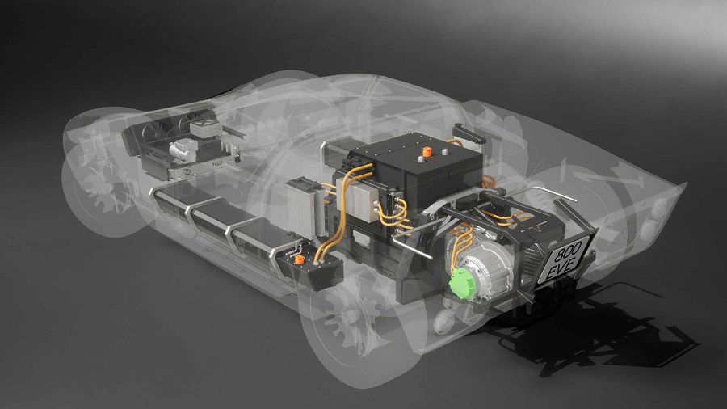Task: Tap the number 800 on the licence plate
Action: tap(569, 250)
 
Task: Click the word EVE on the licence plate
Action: tap(563, 267)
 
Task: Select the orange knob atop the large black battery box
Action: tap(427, 152)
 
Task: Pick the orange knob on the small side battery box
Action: tap(300, 259)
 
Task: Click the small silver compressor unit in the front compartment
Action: tap(183, 150)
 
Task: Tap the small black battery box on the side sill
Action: tap(309, 268)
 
